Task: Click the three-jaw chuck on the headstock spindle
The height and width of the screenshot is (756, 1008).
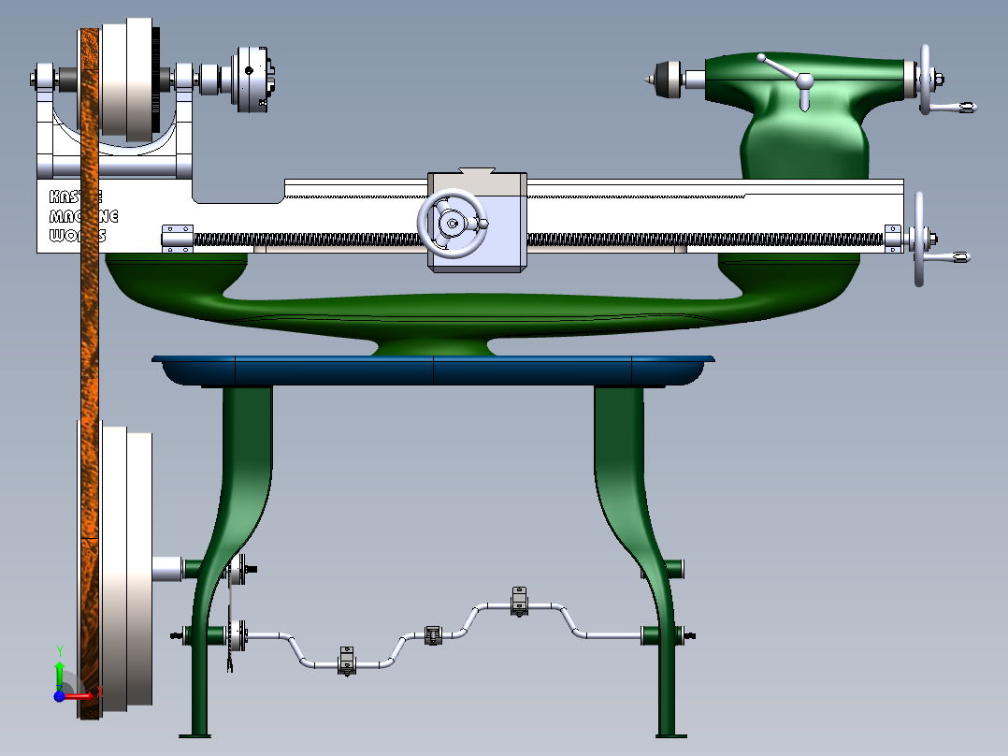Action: [251, 79]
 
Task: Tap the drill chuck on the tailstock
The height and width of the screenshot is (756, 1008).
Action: [666, 78]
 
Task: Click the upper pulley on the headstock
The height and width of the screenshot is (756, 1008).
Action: [125, 80]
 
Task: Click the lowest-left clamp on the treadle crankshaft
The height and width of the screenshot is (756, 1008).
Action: [347, 661]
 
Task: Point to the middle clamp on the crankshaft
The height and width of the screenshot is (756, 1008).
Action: [432, 635]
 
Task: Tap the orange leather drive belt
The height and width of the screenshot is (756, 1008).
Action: [90, 374]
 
